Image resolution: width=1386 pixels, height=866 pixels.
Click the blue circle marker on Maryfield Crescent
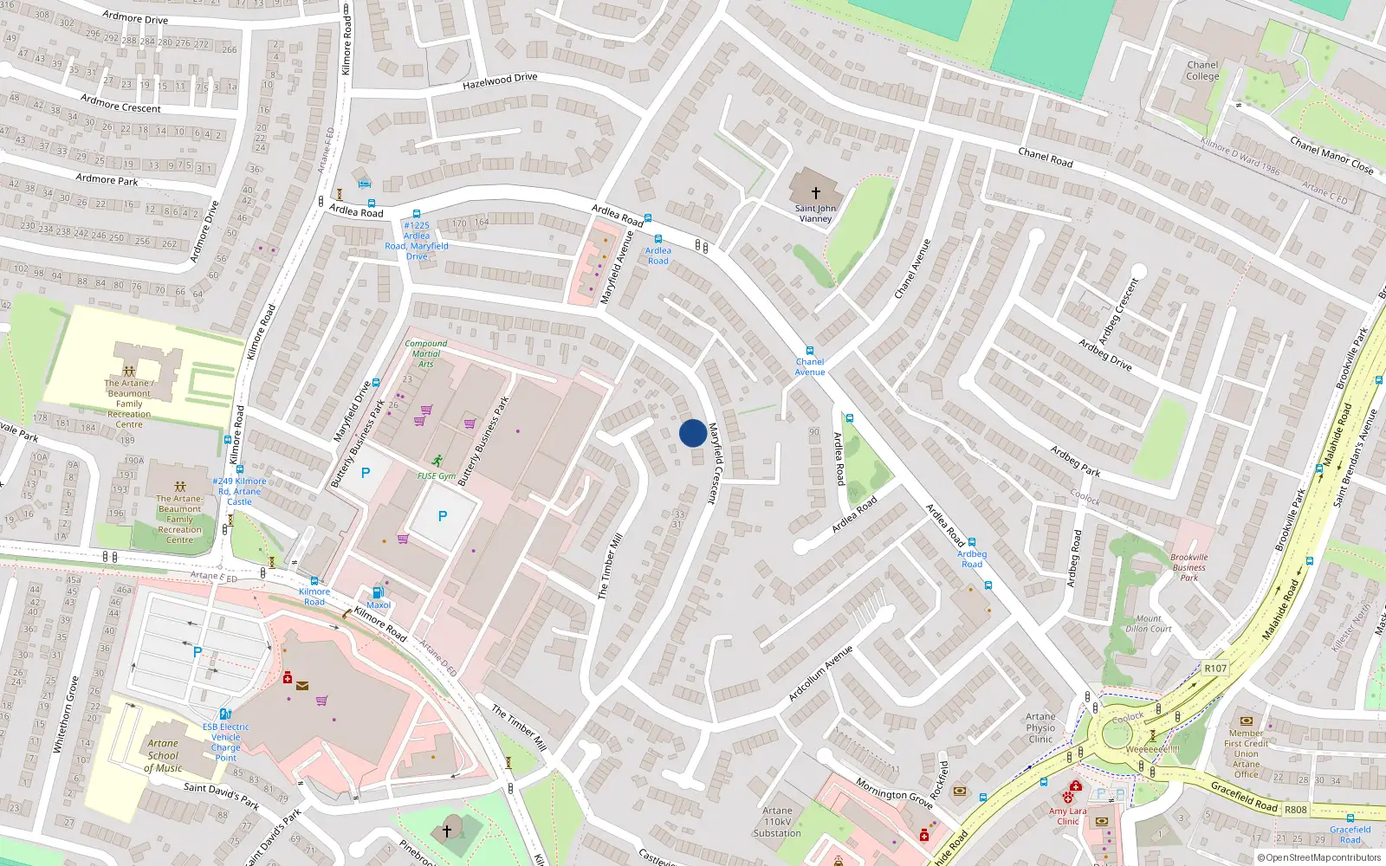click(692, 433)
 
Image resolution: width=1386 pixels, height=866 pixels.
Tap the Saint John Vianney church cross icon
click(815, 192)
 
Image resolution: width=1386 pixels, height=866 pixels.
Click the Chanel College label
click(1202, 70)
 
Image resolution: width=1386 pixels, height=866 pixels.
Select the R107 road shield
click(1215, 668)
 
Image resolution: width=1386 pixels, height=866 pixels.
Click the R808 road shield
click(1296, 810)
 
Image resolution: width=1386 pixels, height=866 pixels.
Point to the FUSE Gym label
click(437, 476)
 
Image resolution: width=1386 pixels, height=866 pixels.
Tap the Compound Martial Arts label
click(426, 353)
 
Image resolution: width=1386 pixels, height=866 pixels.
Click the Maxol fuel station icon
click(378, 591)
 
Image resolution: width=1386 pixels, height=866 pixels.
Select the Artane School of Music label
click(163, 755)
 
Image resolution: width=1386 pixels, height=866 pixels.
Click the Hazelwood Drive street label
click(500, 81)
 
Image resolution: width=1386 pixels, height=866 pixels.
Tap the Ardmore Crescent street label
click(120, 103)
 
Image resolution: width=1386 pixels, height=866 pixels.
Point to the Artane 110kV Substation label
click(777, 822)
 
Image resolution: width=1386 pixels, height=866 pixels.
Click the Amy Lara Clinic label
click(1068, 816)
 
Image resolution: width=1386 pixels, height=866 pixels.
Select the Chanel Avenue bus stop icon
click(810, 351)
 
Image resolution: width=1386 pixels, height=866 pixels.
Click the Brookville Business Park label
click(1188, 567)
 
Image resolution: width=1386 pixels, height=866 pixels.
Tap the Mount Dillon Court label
click(1149, 624)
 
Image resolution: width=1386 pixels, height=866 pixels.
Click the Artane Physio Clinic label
click(1040, 727)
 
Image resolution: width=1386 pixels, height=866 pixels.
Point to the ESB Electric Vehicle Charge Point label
click(225, 742)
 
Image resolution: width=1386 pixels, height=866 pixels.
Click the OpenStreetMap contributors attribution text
click(1323, 857)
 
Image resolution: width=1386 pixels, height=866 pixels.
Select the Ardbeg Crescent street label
click(1118, 310)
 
